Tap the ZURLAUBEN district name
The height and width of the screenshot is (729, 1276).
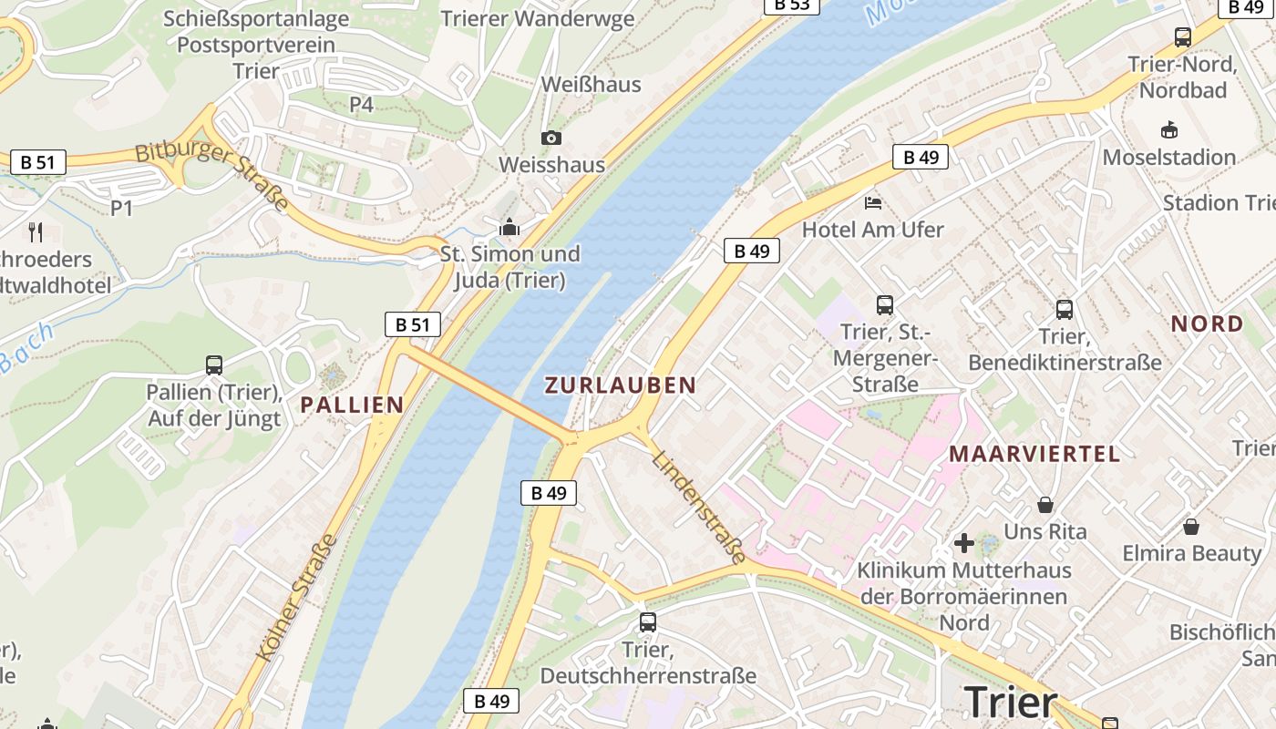coord(620,385)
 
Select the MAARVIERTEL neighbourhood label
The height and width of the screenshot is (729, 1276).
coord(1034,454)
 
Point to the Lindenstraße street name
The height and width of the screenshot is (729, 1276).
coord(700,506)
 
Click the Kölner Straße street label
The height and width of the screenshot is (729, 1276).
coord(298,599)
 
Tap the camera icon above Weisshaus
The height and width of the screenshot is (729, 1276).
coord(551,138)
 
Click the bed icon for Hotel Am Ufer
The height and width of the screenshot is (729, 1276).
coord(872,202)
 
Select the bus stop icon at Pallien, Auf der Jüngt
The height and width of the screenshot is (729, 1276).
coord(214,365)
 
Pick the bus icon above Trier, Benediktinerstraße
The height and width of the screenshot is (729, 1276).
coord(1065,310)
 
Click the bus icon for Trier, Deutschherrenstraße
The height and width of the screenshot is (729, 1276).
coord(647,622)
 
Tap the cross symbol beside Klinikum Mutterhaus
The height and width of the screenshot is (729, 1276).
coord(963,544)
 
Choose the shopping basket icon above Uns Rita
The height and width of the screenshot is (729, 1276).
coord(1045,504)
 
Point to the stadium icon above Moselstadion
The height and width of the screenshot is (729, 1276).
coord(1168,130)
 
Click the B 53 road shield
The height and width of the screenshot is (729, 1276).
coord(791,5)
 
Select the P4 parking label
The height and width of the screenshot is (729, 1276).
coord(362,105)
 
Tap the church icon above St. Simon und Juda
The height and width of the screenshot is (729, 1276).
coord(509,227)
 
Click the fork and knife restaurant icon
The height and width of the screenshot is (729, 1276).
coord(36,231)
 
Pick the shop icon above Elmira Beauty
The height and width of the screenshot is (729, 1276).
coord(1190,527)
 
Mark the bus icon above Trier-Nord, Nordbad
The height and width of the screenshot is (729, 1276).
coord(1182,37)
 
